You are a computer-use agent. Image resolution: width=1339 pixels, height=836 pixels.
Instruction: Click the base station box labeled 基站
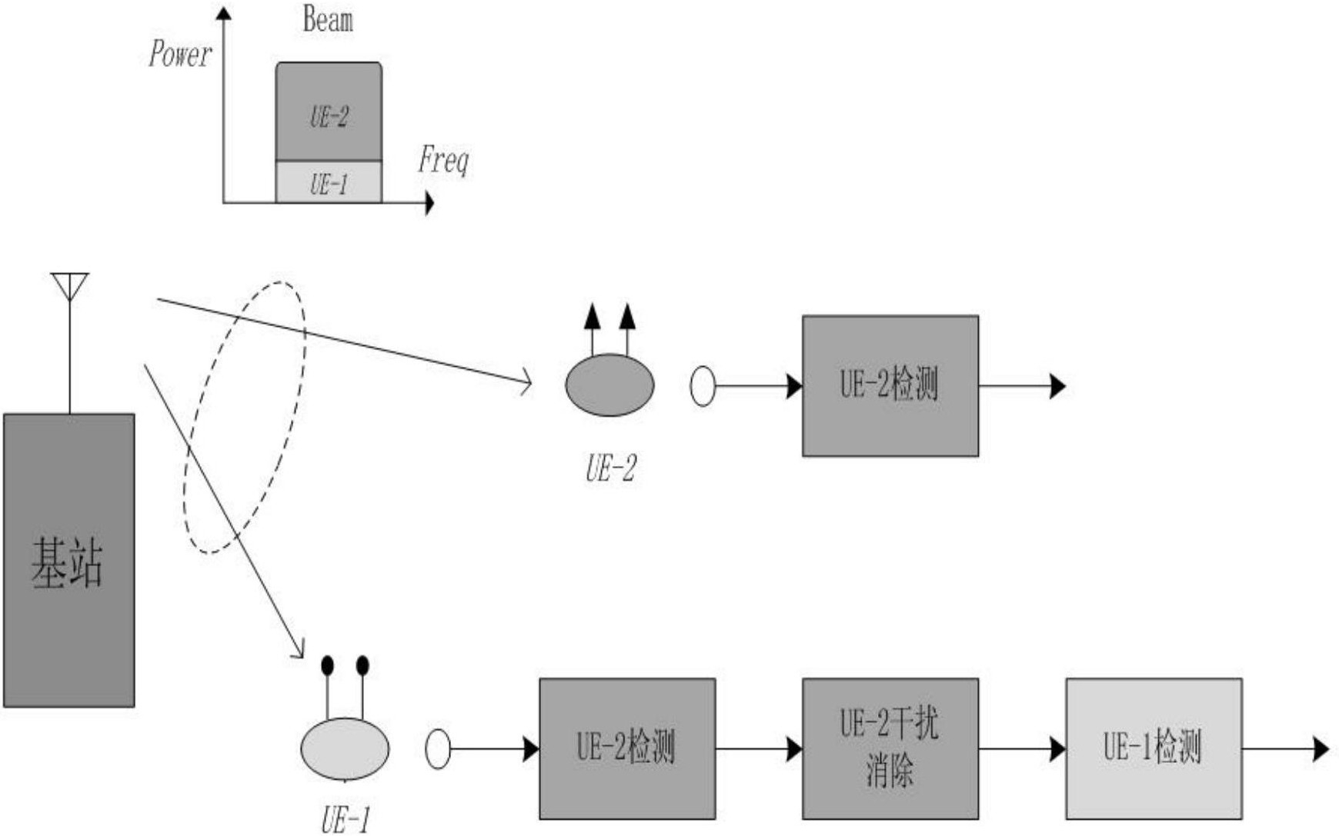click(x=69, y=560)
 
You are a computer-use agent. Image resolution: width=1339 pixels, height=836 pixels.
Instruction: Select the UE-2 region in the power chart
click(x=329, y=112)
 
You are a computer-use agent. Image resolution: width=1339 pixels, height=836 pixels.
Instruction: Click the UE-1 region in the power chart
click(x=329, y=182)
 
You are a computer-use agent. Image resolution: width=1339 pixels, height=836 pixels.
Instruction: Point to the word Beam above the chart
click(x=328, y=19)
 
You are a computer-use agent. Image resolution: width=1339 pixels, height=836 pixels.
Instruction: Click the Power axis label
click(x=180, y=54)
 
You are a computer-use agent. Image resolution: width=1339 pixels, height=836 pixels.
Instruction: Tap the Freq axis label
click(x=443, y=159)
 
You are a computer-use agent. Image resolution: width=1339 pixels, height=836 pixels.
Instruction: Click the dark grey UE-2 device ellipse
click(x=609, y=385)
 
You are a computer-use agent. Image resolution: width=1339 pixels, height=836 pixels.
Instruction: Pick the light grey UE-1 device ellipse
click(x=345, y=748)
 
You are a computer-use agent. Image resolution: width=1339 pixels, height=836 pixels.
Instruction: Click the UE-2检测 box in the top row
click(x=890, y=385)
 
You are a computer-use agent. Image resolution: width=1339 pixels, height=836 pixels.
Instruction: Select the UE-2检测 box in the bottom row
click(x=627, y=748)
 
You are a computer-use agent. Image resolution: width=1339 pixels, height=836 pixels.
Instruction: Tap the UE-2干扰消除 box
click(x=890, y=748)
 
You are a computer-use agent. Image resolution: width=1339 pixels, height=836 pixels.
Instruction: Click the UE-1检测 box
click(x=1154, y=748)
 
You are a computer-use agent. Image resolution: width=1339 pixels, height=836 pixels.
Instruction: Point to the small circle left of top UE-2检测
click(x=703, y=385)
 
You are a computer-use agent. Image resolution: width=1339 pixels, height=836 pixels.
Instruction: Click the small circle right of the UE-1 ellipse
click(x=438, y=748)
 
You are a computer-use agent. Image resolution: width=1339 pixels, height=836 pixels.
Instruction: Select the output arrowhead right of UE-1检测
click(x=1321, y=748)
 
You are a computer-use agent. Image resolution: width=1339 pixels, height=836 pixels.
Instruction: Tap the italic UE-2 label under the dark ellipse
click(x=610, y=468)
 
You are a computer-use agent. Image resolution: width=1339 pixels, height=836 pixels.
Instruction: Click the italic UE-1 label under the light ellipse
click(x=345, y=820)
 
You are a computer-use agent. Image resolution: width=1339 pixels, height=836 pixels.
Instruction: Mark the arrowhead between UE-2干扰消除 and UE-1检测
click(x=1057, y=748)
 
